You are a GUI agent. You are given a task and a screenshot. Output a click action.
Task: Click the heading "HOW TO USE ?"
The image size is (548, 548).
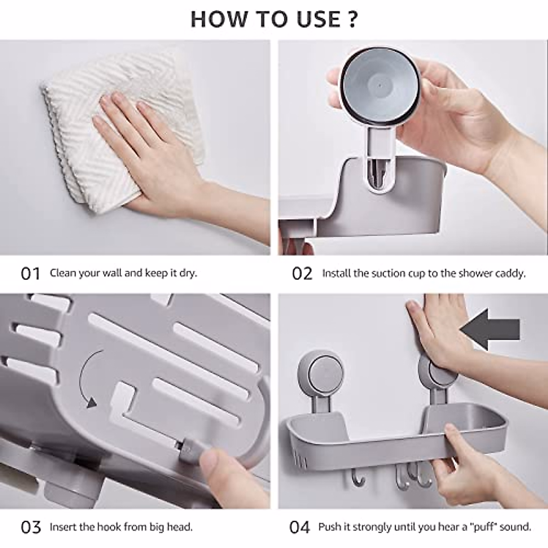(274, 19)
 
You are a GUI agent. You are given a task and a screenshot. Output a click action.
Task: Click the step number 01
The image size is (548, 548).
(31, 274)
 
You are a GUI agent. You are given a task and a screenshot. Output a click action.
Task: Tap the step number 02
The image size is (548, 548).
(302, 274)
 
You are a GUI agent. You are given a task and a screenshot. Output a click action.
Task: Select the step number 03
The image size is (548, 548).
(31, 527)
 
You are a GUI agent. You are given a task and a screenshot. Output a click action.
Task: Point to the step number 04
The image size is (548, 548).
(300, 527)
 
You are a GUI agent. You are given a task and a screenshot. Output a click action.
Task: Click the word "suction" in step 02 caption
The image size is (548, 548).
(388, 274)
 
